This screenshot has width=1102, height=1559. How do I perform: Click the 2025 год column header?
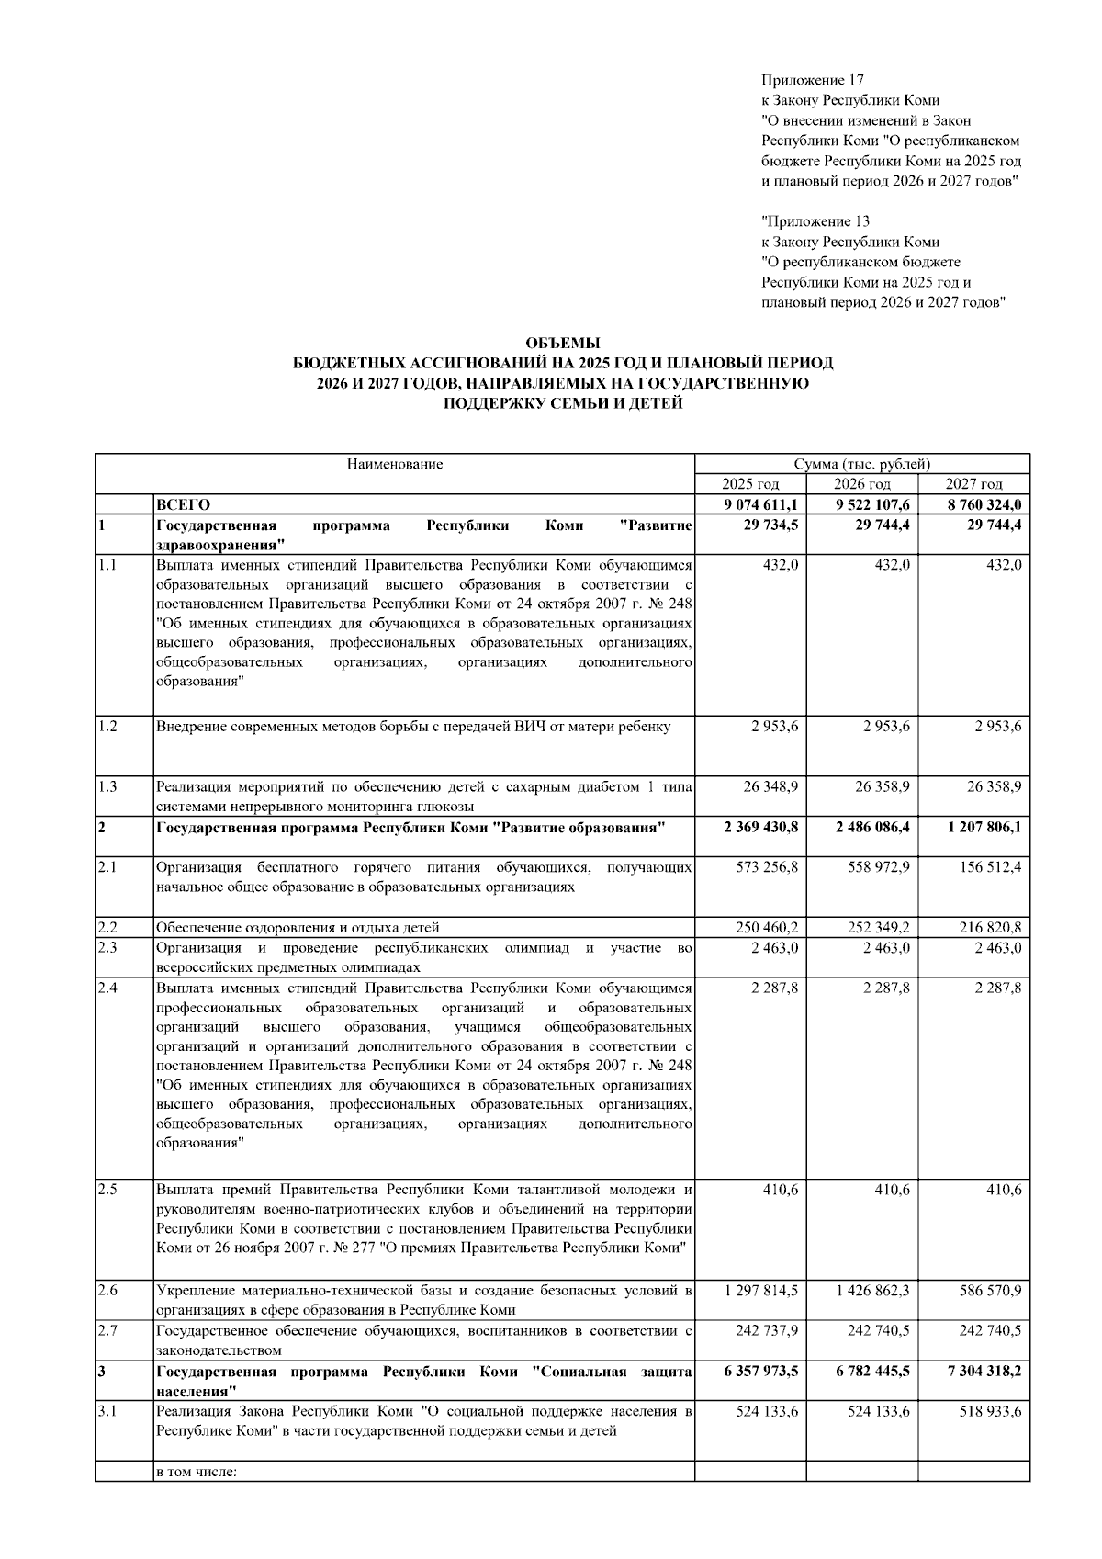750,484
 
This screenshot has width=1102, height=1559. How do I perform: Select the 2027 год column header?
973,484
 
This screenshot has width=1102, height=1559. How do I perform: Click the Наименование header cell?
395,464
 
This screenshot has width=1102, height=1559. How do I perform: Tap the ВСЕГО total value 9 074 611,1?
761,504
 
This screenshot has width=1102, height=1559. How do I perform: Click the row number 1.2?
107,727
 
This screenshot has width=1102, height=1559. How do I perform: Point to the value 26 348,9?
767,786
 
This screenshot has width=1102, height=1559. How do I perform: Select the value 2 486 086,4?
872,827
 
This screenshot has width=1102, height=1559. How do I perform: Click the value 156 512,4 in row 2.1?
991,867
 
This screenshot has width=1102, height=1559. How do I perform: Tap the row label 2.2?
107,927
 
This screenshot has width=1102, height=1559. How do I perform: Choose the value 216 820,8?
991,927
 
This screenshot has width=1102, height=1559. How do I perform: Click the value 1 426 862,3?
872,1290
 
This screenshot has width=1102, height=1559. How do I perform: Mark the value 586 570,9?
991,1290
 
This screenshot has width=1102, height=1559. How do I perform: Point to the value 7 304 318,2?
984,1371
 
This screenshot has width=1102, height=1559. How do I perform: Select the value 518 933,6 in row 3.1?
991,1411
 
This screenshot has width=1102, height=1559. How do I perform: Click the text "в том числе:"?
197,1472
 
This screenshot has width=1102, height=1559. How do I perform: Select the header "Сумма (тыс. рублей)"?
862,464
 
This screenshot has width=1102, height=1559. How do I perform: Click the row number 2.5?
107,1190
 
